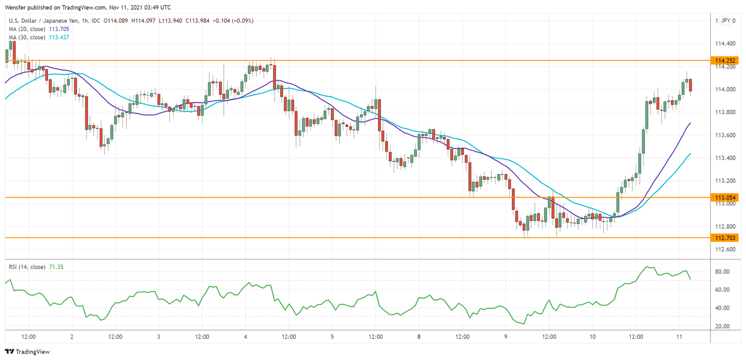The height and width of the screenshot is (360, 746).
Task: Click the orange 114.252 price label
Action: click(x=724, y=61)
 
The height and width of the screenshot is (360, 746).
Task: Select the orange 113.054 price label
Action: click(x=724, y=198)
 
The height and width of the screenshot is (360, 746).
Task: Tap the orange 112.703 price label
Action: click(x=724, y=238)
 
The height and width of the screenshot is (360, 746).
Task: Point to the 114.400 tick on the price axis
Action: click(x=724, y=44)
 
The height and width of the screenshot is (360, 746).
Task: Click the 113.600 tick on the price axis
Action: click(x=724, y=135)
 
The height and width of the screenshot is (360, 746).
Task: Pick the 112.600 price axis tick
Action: click(x=724, y=249)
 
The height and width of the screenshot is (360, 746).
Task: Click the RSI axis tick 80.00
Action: click(x=722, y=271)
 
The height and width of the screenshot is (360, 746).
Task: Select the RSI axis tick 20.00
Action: click(x=722, y=326)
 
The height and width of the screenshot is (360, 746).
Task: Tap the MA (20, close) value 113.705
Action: click(x=59, y=29)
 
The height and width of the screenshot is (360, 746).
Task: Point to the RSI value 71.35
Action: click(x=56, y=267)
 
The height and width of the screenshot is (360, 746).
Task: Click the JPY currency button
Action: click(x=725, y=20)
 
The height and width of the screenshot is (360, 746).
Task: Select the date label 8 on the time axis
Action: click(x=419, y=337)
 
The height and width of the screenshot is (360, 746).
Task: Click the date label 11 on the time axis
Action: click(x=679, y=337)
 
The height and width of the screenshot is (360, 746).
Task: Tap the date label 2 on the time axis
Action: click(x=72, y=337)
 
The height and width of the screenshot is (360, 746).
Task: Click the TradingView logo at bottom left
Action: click(x=27, y=352)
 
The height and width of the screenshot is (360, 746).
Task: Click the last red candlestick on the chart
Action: click(x=690, y=85)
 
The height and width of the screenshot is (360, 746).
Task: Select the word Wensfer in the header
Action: click(x=16, y=8)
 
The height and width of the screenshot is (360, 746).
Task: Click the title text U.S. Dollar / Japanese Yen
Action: click(x=43, y=21)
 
